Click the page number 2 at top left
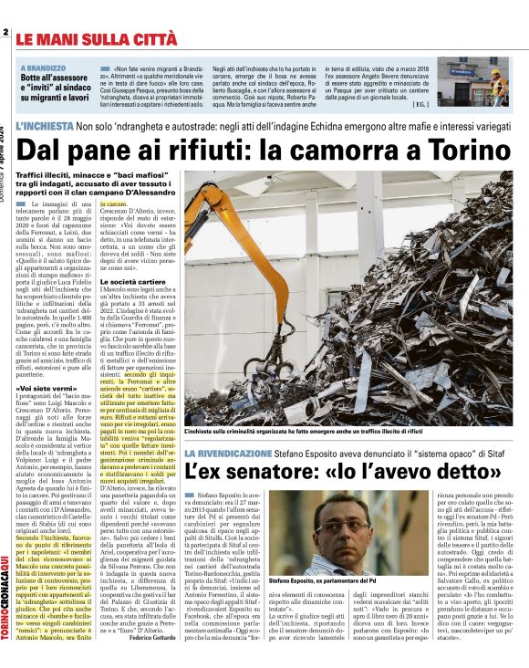(5, 34)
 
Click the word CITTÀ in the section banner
(152, 40)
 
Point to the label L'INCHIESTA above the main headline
(45, 127)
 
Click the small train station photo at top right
(472, 82)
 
